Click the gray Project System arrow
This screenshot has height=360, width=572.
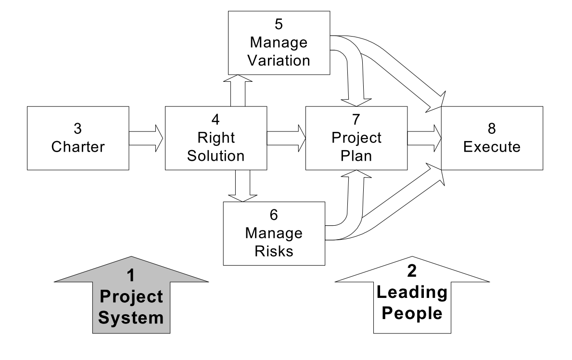click(131, 298)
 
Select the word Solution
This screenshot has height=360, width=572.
click(216, 156)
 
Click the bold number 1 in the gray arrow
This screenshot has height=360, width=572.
click(130, 276)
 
